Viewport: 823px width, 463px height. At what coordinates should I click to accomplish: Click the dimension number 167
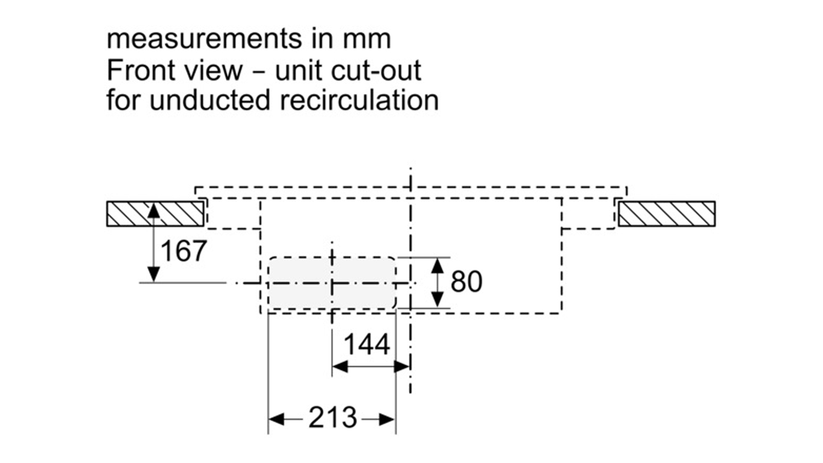coord(184,251)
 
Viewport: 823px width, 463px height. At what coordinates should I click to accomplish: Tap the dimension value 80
coord(466,282)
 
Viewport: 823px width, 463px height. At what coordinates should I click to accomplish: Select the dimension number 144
coord(367,345)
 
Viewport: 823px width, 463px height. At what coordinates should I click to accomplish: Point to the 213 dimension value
coord(332,417)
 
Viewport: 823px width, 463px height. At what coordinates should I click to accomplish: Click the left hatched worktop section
coord(155,214)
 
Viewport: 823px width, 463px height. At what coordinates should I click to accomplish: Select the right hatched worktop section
coord(667,214)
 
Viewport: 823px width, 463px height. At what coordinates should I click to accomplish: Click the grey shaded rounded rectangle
coord(332,283)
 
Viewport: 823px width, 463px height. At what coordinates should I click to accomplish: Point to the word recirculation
coord(359,100)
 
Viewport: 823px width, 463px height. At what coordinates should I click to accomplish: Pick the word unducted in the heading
coord(210,100)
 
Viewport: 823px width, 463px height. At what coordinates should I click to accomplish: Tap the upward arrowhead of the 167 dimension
coord(154,210)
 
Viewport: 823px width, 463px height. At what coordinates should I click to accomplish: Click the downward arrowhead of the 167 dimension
coord(154,275)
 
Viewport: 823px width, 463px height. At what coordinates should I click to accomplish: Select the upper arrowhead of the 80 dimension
coord(437,266)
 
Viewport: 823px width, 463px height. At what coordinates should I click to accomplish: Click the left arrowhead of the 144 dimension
coord(340,366)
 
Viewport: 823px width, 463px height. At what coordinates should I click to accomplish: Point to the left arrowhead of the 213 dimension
coord(277,419)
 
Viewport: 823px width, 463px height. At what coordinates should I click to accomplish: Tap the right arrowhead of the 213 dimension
coord(387,419)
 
